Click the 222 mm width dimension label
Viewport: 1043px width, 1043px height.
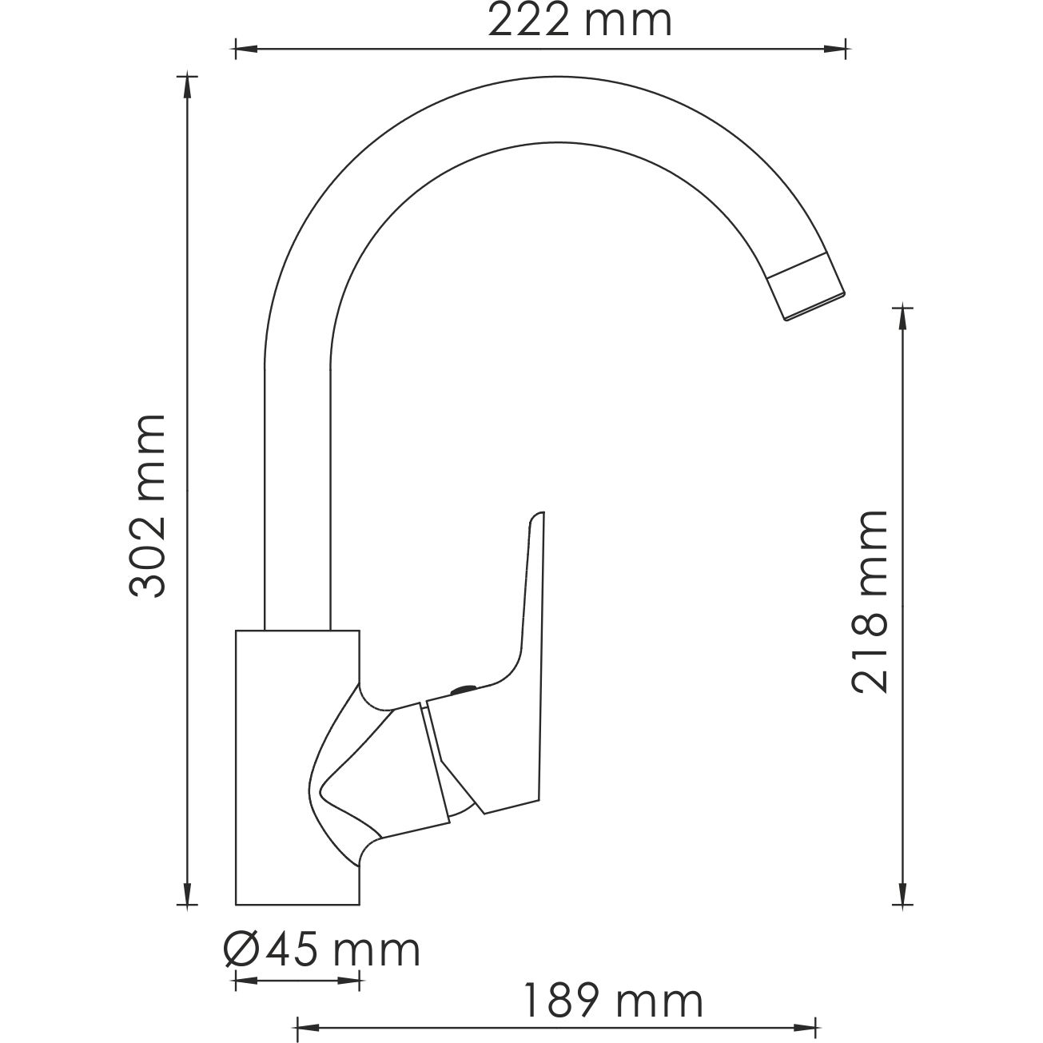coord(579,22)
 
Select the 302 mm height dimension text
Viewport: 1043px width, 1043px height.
coord(148,506)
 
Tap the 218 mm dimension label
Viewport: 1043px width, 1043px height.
coord(870,601)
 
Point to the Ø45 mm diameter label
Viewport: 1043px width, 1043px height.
coord(321,949)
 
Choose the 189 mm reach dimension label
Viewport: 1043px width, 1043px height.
coord(612,1001)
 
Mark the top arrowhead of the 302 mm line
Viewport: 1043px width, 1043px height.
coord(188,83)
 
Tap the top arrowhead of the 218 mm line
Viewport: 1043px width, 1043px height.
coord(903,318)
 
